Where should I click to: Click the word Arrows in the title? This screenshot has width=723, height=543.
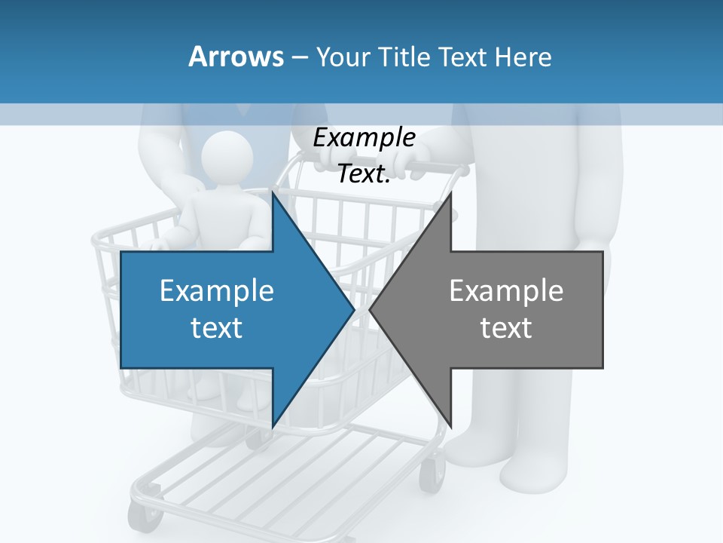pyautogui.click(x=235, y=57)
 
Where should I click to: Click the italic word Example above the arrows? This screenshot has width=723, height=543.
pyautogui.click(x=364, y=137)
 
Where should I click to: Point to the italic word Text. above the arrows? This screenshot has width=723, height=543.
pyautogui.click(x=364, y=173)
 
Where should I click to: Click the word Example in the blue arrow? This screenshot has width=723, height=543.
pyautogui.click(x=217, y=290)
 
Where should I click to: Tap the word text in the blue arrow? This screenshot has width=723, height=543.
pyautogui.click(x=217, y=328)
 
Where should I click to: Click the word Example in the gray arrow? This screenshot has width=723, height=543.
pyautogui.click(x=506, y=290)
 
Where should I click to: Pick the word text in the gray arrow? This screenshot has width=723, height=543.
pyautogui.click(x=506, y=328)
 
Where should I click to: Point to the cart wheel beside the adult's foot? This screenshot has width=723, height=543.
pyautogui.click(x=432, y=474)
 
